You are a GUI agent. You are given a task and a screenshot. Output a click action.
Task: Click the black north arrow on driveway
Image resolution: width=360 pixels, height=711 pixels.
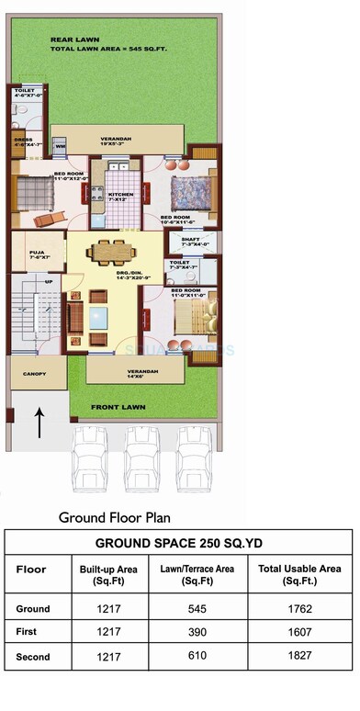(x=38, y=425)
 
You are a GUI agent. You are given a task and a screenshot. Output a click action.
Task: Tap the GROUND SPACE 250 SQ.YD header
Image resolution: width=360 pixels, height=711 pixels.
(x=179, y=542)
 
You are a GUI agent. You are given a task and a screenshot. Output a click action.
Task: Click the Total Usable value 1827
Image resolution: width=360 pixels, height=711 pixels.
(x=299, y=658)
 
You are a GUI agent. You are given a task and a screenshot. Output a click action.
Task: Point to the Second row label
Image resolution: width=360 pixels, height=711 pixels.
(x=33, y=658)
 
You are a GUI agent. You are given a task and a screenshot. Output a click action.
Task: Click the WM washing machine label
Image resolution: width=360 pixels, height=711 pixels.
(x=60, y=146)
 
